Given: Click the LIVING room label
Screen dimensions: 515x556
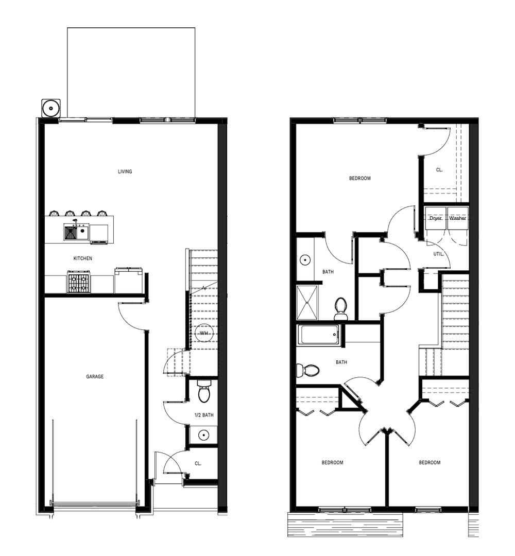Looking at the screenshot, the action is pyautogui.click(x=125, y=171).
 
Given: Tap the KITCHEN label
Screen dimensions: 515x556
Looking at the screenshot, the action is pyautogui.click(x=82, y=258).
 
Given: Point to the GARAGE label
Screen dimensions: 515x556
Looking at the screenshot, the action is pyautogui.click(x=95, y=376).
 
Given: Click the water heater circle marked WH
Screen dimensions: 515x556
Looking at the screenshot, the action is pyautogui.click(x=203, y=333).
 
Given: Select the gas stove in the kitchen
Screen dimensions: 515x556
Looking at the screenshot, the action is pyautogui.click(x=78, y=282).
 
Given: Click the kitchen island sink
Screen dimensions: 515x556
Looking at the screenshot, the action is pyautogui.click(x=77, y=232).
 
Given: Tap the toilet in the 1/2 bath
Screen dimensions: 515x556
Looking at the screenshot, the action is pyautogui.click(x=203, y=391).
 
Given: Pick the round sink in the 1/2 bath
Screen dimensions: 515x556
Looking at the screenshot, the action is pyautogui.click(x=203, y=435).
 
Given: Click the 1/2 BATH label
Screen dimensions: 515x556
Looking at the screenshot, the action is pyautogui.click(x=204, y=415).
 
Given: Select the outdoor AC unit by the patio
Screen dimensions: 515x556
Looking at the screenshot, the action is pyautogui.click(x=51, y=108).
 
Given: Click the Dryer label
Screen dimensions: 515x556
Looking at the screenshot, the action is pyautogui.click(x=436, y=218).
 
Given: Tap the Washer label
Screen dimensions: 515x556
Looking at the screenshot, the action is pyautogui.click(x=457, y=218).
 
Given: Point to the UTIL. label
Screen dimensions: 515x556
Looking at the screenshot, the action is pyautogui.click(x=439, y=254).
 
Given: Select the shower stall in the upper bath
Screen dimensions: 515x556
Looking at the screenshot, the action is pyautogui.click(x=307, y=303).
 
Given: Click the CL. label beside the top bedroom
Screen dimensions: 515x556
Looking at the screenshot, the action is pyautogui.click(x=439, y=170).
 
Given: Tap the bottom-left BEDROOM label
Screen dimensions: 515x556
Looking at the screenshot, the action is pyautogui.click(x=332, y=462).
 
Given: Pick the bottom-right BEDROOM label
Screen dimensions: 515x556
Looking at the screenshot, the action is pyautogui.click(x=430, y=462).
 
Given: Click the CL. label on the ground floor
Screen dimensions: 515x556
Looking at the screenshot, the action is pyautogui.click(x=198, y=463).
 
